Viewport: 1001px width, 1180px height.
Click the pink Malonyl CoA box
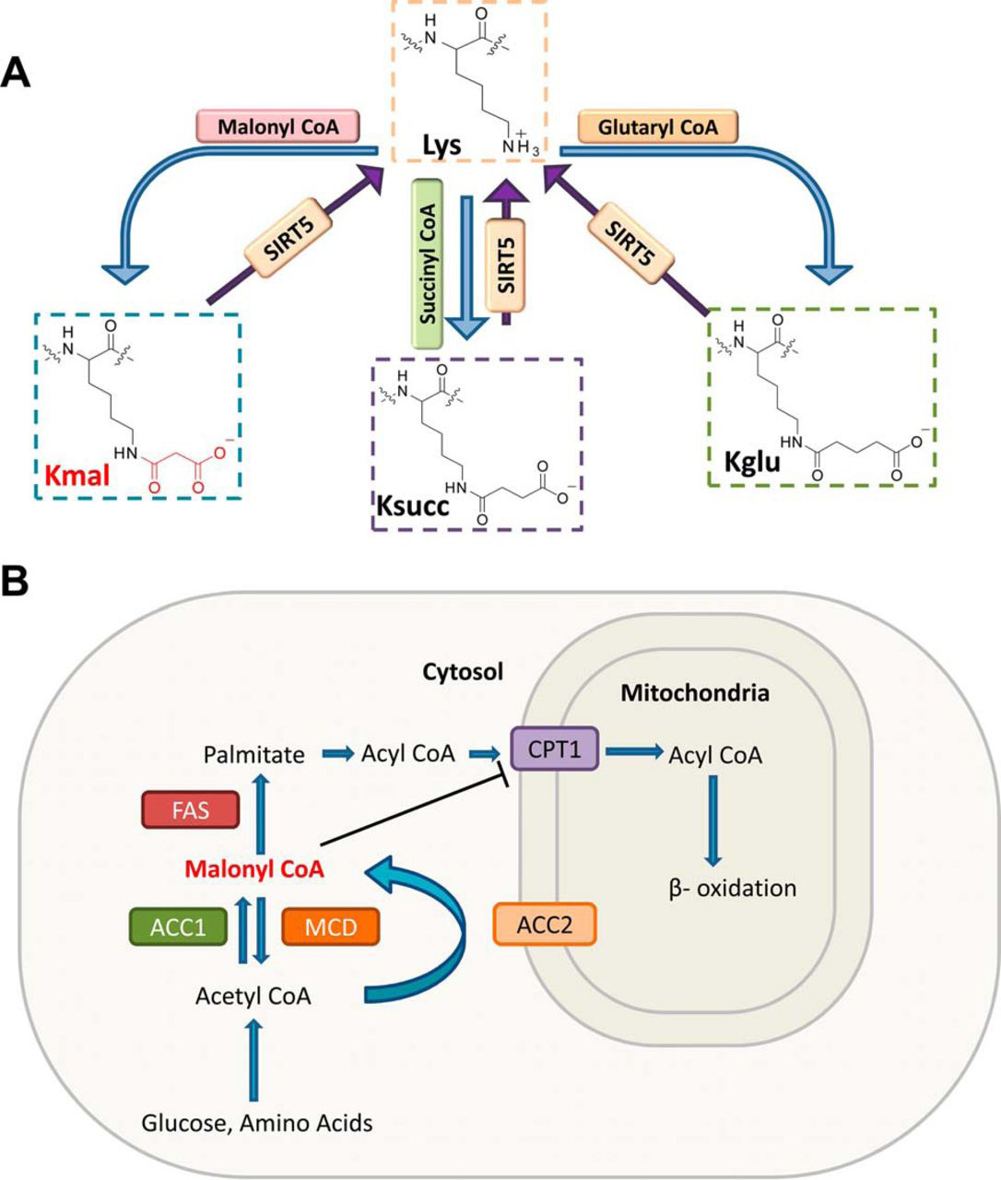[x=277, y=125]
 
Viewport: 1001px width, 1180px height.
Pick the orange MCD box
[x=330, y=926]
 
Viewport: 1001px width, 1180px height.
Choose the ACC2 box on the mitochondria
[x=545, y=925]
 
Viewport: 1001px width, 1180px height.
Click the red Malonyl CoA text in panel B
[x=254, y=869]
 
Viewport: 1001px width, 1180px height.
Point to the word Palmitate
[x=253, y=755]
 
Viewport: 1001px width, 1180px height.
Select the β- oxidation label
[x=732, y=889]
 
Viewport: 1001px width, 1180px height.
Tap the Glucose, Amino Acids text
[x=256, y=1122]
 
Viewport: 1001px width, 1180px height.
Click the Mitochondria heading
[x=694, y=693]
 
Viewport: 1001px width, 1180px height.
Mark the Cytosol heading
[x=463, y=672]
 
